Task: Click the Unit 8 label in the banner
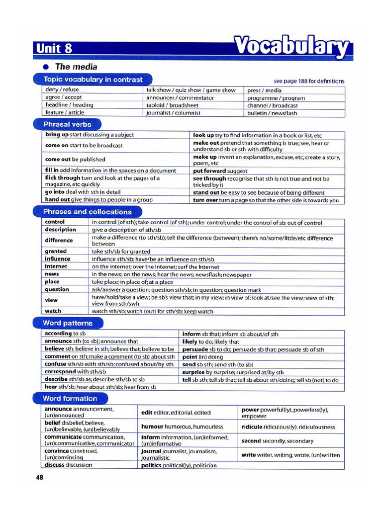click(x=54, y=48)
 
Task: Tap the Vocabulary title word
click(x=291, y=47)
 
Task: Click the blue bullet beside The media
click(x=46, y=67)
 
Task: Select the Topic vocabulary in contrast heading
click(x=93, y=80)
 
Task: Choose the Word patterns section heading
click(x=68, y=323)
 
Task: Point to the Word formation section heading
click(x=70, y=398)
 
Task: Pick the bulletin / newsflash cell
click(x=272, y=113)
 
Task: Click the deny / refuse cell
click(x=62, y=90)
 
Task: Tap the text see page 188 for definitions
click(x=309, y=81)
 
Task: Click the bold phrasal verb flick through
click(x=62, y=177)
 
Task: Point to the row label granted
click(x=55, y=252)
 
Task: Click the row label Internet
click(x=56, y=266)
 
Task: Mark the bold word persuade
click(x=196, y=349)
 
